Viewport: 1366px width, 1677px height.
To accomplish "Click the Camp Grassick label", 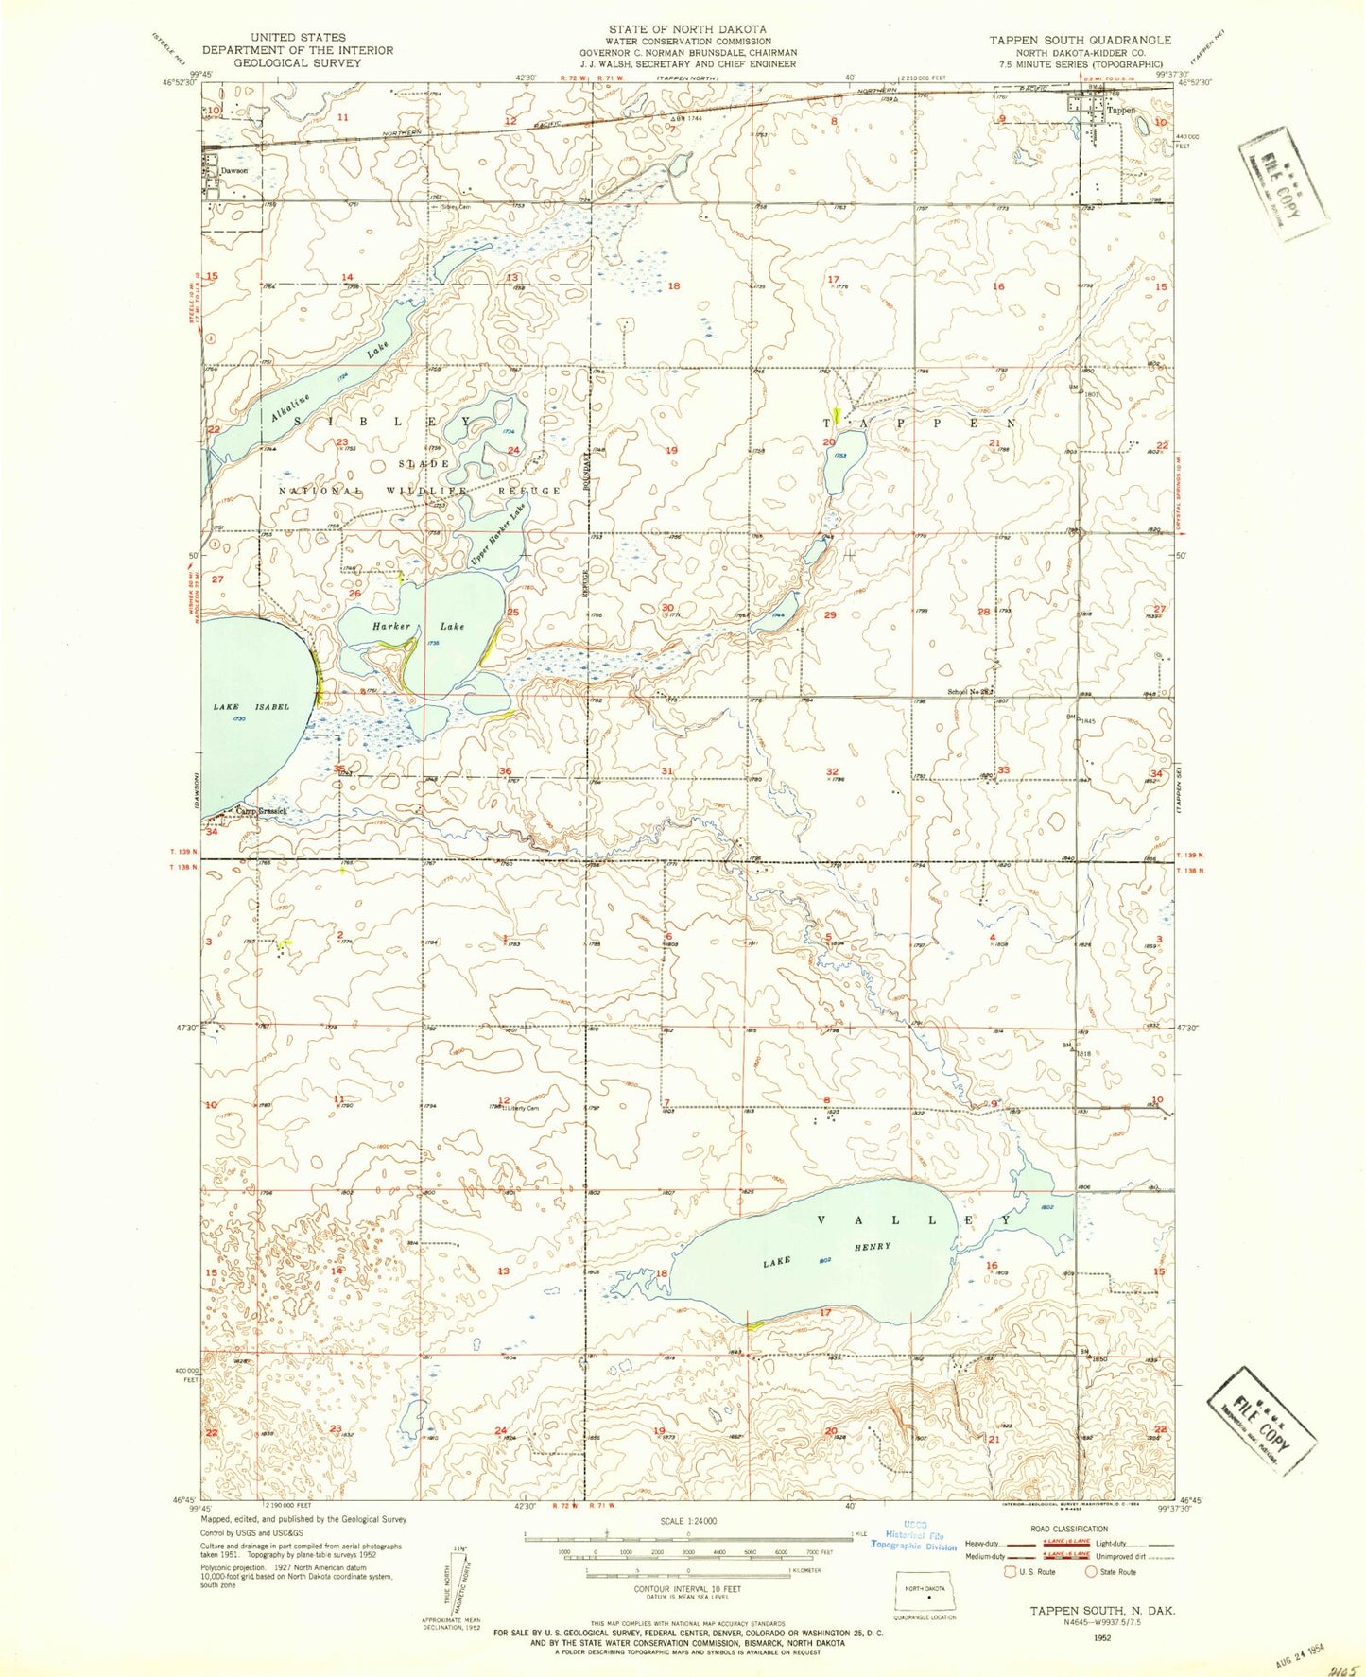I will coord(261,810).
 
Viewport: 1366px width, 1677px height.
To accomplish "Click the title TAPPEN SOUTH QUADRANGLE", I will coord(1080,40).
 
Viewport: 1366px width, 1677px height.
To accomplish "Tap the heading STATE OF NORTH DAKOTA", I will coord(687,29).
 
